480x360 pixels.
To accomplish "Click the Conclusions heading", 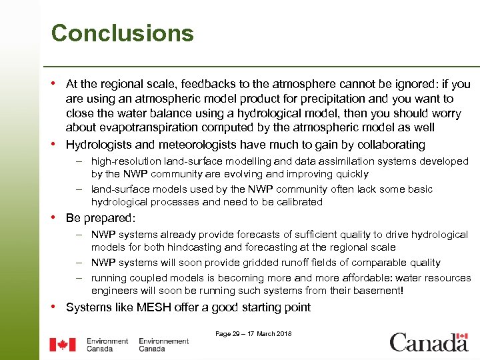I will (x=122, y=33).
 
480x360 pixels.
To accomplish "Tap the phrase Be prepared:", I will (x=101, y=218).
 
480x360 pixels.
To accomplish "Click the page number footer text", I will (x=253, y=334).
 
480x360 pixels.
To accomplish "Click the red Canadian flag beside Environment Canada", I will (x=63, y=345).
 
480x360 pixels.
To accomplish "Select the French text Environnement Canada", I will (x=163, y=345).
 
